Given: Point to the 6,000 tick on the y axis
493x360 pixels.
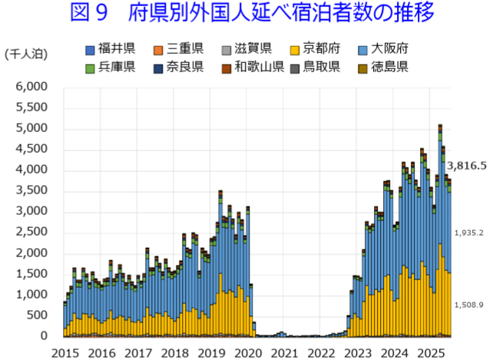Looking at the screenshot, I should [x=31, y=88].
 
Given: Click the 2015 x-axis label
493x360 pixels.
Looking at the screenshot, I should [x=65, y=352].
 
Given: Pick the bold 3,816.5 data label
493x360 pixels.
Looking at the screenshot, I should [x=467, y=165].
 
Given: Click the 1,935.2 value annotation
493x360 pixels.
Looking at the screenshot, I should [x=468, y=233].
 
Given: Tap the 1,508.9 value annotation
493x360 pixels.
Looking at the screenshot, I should [x=468, y=305].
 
